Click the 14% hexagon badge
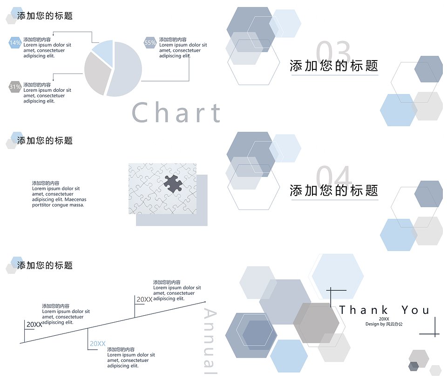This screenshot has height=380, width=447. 15,43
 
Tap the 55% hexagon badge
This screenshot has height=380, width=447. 150,43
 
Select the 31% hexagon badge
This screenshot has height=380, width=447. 15,87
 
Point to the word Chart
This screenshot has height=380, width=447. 176,113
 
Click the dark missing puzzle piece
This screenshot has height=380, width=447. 173,183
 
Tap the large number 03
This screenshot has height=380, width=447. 333,52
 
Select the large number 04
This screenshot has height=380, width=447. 333,177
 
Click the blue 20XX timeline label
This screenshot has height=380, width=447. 98,344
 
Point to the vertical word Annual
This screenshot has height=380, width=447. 210,341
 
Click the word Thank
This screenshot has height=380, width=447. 364,310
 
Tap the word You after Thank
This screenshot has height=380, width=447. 416,310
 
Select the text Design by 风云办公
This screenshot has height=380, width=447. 384,324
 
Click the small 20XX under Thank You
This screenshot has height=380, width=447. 384,319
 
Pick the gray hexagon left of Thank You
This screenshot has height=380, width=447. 316,323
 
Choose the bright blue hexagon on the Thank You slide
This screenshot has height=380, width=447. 289,356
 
